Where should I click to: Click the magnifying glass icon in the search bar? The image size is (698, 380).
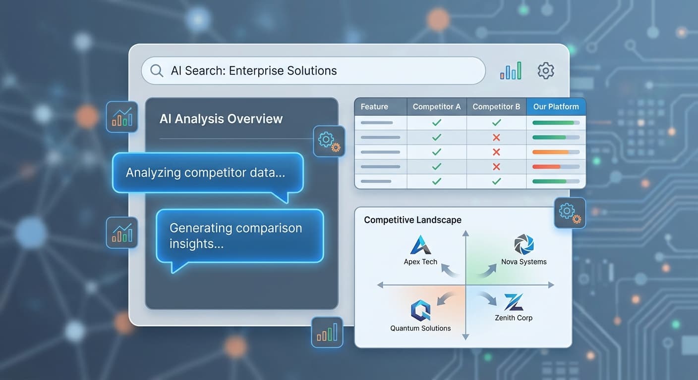point(157,71)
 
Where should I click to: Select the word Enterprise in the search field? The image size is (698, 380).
point(254,71)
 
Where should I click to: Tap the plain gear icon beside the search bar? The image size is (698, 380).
point(546,71)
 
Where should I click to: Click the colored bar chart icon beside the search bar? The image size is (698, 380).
point(511,71)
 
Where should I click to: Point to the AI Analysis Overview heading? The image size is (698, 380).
point(221,119)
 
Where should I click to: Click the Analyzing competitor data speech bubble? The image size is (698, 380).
point(207,173)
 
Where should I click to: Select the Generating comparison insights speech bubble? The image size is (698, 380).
point(239,236)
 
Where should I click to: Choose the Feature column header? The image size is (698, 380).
point(374,106)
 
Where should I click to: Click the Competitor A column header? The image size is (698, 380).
point(436,106)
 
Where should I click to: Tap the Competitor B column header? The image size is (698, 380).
point(496,106)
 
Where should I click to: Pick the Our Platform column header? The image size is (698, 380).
point(556,106)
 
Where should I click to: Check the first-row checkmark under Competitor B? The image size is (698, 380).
point(496,122)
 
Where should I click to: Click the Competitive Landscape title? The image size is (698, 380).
point(412,220)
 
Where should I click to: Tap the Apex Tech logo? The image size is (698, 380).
point(420,245)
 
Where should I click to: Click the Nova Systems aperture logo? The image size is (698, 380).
point(523,245)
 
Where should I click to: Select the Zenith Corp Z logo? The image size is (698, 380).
point(514,302)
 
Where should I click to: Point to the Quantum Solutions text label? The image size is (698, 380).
point(420,328)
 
